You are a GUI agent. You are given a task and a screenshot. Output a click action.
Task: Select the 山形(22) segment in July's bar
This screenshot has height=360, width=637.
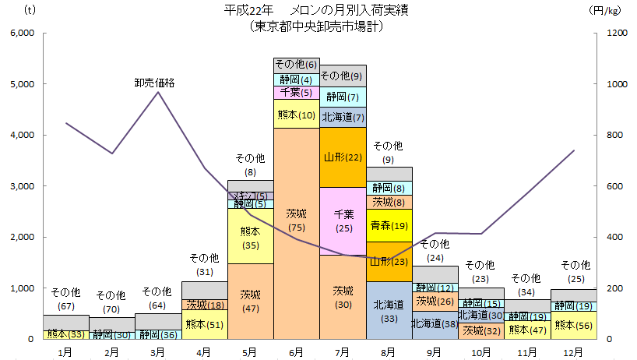(343, 157)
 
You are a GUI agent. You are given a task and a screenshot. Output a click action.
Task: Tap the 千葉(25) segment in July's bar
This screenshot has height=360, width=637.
(343, 221)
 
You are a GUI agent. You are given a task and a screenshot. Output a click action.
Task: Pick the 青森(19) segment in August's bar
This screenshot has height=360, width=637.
(389, 225)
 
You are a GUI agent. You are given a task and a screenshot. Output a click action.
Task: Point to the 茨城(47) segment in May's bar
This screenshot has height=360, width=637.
(250, 301)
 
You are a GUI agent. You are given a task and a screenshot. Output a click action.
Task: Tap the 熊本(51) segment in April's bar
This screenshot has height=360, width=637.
(204, 325)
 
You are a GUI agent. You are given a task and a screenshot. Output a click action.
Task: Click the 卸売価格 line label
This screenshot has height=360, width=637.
(154, 82)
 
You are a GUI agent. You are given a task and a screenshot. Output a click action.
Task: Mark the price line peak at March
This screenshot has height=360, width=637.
(158, 92)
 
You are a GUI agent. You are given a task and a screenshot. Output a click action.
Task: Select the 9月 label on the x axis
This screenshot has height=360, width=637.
(435, 352)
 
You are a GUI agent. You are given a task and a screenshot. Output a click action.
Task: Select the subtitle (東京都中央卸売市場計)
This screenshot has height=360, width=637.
(318, 26)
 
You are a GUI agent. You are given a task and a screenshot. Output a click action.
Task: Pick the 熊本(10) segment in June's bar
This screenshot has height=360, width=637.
(296, 114)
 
